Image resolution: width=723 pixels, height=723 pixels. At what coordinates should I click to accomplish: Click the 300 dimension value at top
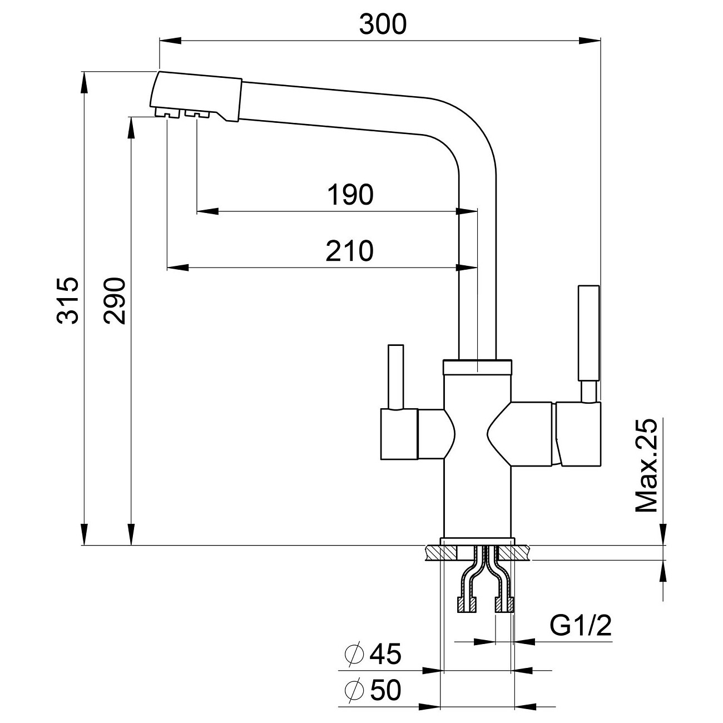click(x=383, y=24)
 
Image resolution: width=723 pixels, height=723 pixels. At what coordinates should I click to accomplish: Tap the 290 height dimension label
click(x=116, y=300)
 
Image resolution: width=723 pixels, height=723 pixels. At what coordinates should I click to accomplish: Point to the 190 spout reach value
click(x=350, y=195)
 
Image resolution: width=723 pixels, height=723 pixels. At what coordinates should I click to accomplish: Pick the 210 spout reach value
click(x=349, y=251)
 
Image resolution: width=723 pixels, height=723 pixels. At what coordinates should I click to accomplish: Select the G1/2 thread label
click(x=581, y=627)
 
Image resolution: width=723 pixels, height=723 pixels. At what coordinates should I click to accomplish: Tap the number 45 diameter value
click(x=384, y=655)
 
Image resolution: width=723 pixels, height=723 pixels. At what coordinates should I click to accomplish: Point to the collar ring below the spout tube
click(x=477, y=367)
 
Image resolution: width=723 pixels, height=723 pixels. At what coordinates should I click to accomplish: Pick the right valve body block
click(x=578, y=433)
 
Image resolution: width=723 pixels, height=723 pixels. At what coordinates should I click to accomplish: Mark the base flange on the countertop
click(x=477, y=541)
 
